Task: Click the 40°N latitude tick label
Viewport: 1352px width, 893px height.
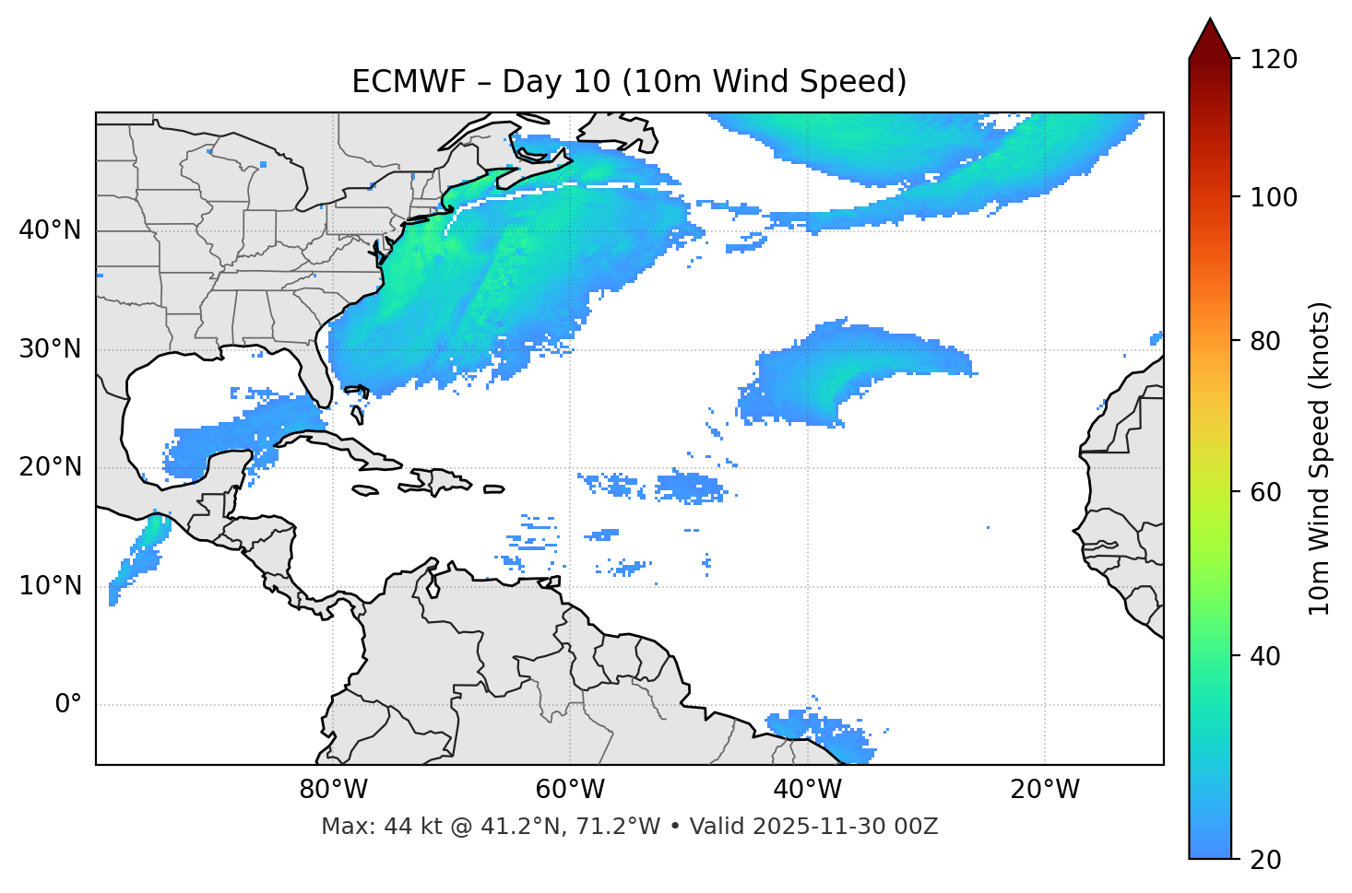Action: pos(50,229)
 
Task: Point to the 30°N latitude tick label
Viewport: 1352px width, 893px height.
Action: pos(50,349)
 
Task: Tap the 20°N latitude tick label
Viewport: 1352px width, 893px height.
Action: pos(50,467)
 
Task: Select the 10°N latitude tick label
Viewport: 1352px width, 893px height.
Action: pos(50,586)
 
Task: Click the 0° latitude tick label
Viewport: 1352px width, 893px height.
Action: pos(68,705)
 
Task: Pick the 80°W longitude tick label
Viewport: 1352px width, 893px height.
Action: pos(333,790)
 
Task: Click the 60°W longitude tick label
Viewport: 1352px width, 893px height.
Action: pos(570,790)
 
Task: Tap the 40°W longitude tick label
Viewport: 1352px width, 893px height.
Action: pos(807,790)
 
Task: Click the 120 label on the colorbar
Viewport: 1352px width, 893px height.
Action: pos(1274,59)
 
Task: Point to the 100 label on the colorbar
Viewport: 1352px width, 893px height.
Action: pos(1274,197)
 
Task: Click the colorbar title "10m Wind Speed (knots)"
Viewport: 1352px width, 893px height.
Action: pos(1320,458)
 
